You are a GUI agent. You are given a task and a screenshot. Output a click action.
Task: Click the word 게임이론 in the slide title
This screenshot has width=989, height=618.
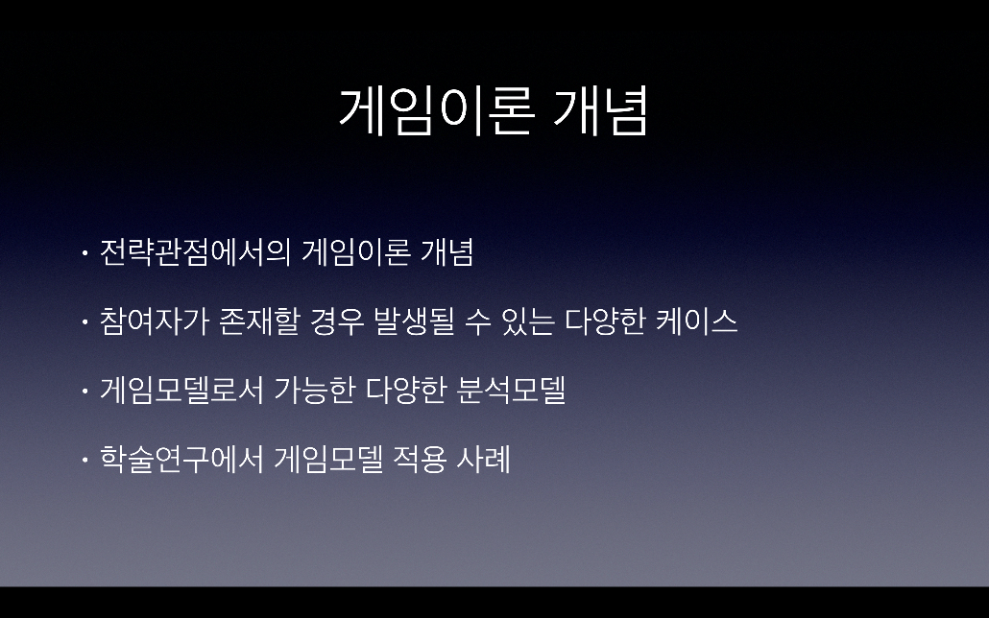point(437,111)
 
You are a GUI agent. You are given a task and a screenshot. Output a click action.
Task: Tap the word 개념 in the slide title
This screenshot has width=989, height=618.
point(600,111)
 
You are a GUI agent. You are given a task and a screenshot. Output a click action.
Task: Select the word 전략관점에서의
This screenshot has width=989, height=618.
point(195,252)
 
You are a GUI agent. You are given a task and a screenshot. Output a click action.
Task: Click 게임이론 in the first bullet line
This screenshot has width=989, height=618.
point(356,252)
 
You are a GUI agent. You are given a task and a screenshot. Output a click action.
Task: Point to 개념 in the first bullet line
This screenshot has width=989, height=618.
point(447,252)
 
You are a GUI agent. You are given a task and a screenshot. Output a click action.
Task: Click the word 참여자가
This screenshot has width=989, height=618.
point(155,321)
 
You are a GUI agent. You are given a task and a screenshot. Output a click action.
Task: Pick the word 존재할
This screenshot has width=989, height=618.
point(258,321)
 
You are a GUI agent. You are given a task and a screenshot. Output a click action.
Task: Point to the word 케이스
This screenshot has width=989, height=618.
point(697,321)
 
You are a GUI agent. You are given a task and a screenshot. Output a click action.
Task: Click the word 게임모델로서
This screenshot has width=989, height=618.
point(181,390)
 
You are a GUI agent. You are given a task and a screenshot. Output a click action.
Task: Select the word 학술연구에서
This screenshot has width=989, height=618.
point(181,459)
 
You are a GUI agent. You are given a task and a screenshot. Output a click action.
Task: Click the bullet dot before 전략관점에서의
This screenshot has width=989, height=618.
point(84,253)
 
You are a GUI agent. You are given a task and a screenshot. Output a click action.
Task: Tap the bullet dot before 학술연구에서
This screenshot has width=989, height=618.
point(84,460)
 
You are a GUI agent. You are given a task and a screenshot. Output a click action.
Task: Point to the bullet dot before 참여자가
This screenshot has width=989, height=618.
point(84,322)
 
